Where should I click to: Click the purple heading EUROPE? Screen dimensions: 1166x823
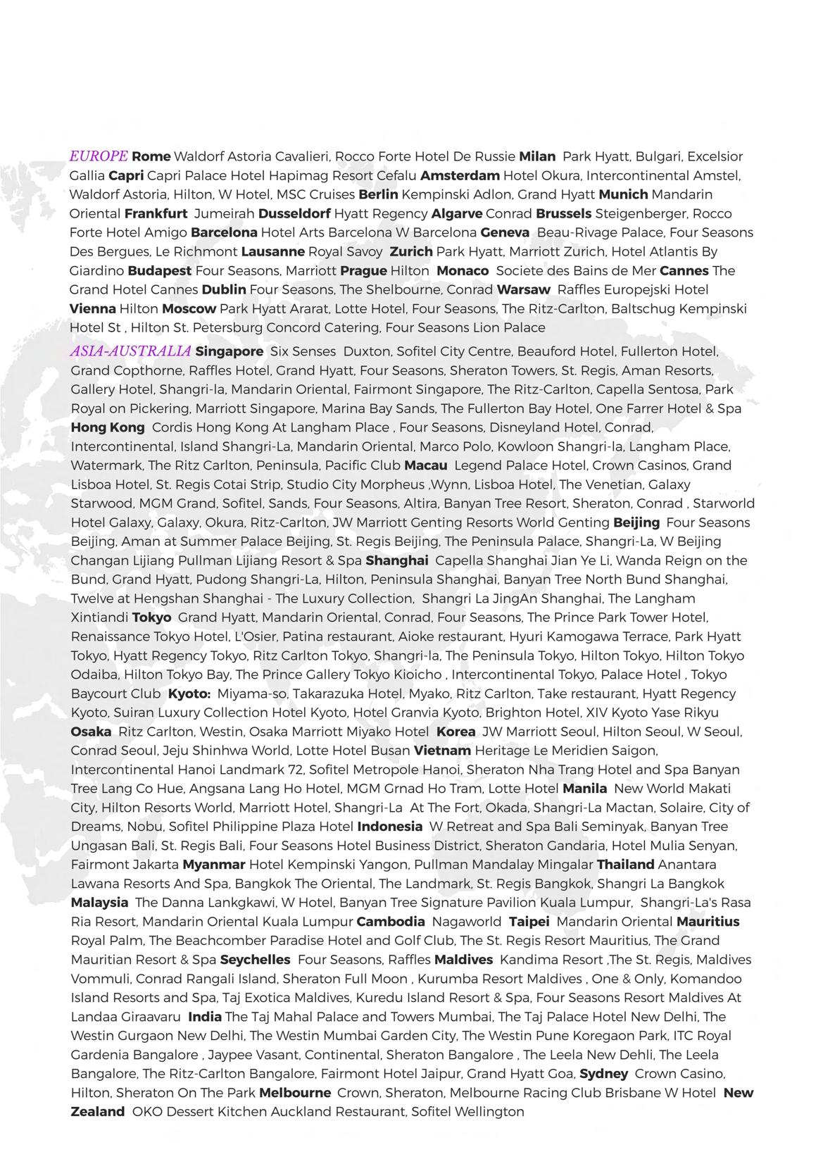[99, 156]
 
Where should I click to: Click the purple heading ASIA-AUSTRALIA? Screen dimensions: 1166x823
[130, 351]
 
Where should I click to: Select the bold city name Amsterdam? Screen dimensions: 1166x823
[460, 175]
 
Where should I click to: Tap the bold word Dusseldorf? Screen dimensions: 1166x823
[294, 213]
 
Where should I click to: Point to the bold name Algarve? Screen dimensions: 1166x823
[457, 213]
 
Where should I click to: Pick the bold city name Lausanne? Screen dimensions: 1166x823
[272, 251]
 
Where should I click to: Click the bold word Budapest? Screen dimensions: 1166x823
[159, 270]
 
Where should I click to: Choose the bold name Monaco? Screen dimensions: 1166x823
[463, 270]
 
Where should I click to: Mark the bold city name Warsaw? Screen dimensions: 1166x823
[523, 289]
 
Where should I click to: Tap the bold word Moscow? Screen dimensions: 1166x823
[189, 308]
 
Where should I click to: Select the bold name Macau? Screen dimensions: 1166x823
[425, 465]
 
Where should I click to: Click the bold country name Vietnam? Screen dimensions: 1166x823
[442, 751]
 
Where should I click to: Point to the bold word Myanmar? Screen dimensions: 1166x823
[213, 865]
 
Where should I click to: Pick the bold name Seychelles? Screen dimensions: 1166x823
[255, 960]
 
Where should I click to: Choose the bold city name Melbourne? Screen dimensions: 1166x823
[294, 1093]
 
